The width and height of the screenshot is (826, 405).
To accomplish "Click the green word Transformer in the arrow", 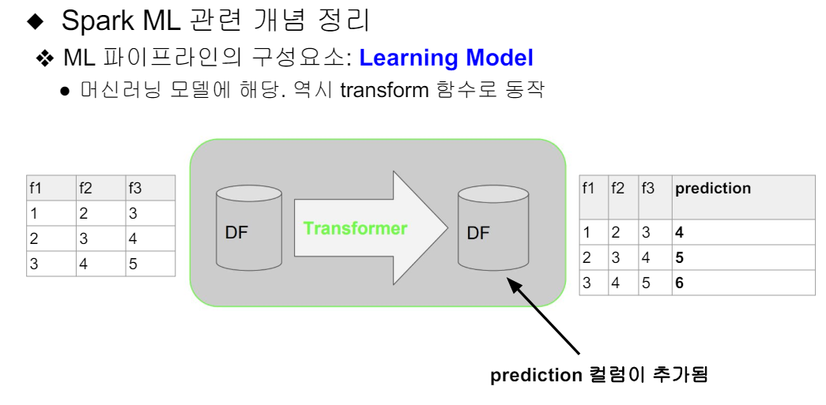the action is click(x=355, y=228).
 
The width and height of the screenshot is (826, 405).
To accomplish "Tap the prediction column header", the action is click(x=712, y=189).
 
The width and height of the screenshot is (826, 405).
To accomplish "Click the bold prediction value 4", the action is click(x=679, y=233).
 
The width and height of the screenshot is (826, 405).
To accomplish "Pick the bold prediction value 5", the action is click(x=679, y=258).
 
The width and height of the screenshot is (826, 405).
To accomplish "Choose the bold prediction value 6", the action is click(x=679, y=283).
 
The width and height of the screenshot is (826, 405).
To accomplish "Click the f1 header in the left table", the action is click(x=35, y=188).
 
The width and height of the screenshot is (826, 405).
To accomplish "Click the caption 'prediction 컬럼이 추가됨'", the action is click(x=598, y=375).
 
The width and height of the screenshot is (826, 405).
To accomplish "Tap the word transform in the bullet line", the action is click(x=384, y=89).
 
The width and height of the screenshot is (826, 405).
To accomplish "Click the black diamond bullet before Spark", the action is click(x=38, y=21).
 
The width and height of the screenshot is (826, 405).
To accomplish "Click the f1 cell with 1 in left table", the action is click(x=35, y=213).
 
